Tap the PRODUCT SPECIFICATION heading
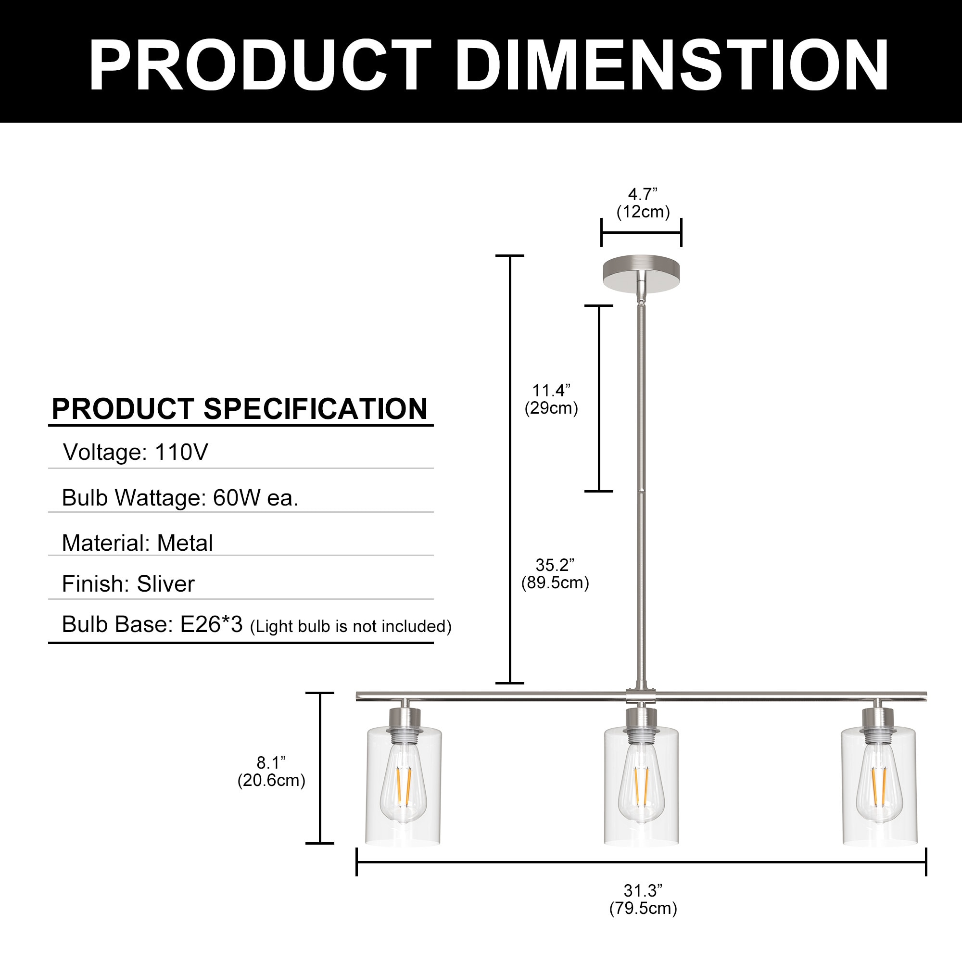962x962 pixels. point(240,409)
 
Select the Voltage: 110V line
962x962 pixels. point(135,452)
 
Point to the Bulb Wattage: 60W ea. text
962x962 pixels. point(180,497)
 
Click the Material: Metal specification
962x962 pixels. point(137,543)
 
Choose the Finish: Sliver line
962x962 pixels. point(128,583)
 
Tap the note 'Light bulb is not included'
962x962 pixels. point(351,626)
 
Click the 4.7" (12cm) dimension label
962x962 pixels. point(643,203)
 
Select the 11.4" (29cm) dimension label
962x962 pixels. point(551,399)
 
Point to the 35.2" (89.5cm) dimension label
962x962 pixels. point(555,574)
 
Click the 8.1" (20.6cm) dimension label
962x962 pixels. point(271,772)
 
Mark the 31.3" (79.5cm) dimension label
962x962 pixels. point(643,899)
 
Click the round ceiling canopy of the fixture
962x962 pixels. point(641,273)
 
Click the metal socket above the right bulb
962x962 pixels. point(879,720)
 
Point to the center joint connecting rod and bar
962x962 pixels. point(641,696)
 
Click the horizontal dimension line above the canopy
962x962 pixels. point(641,232)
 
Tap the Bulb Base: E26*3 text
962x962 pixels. point(152,624)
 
